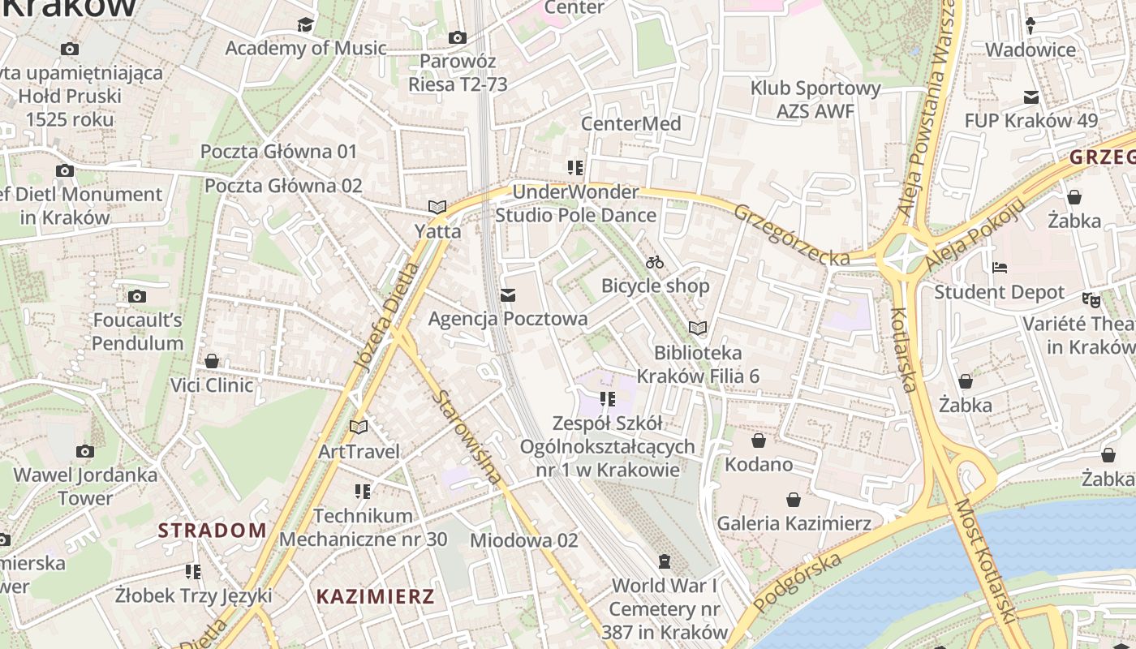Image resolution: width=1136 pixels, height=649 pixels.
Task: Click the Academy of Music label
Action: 305,48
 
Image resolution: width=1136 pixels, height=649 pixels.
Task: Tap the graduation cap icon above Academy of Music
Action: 305,25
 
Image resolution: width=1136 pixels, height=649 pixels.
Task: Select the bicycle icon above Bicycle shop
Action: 655,262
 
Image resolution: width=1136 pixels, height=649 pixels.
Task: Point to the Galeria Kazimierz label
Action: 794,523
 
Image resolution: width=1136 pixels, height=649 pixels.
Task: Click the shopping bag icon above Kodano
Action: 759,441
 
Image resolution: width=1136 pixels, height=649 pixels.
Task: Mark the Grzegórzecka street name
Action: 791,234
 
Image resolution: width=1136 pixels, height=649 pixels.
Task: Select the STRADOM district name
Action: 212,531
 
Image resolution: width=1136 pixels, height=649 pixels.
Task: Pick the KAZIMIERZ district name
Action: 375,596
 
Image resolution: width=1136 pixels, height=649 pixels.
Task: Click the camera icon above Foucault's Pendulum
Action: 137,296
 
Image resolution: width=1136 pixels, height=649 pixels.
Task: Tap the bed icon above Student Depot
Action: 1000,268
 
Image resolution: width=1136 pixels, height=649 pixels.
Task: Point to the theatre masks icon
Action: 1091,299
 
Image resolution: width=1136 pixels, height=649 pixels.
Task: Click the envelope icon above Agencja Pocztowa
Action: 508,295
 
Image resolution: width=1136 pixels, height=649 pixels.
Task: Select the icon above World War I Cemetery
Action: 665,561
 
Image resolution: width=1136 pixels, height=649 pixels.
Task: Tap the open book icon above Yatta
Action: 437,208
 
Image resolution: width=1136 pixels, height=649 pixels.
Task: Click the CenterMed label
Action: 630,123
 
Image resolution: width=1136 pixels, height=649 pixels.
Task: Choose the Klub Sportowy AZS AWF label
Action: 815,99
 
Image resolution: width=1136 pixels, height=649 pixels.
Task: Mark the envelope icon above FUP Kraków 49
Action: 1031,97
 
